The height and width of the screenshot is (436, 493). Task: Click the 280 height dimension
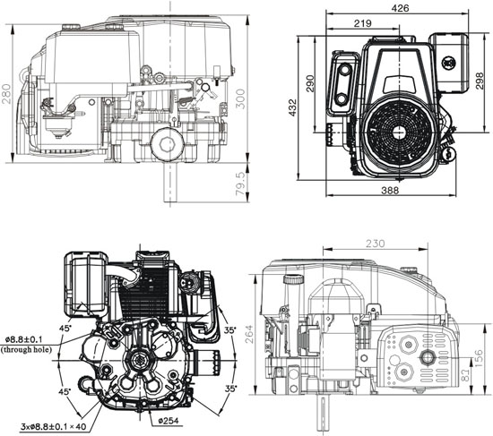click(8, 94)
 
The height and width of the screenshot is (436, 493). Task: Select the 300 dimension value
click(240, 98)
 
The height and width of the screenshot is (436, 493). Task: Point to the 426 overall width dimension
click(400, 8)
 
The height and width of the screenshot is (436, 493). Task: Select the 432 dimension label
click(292, 106)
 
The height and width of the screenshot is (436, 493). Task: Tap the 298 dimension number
click(481, 82)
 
